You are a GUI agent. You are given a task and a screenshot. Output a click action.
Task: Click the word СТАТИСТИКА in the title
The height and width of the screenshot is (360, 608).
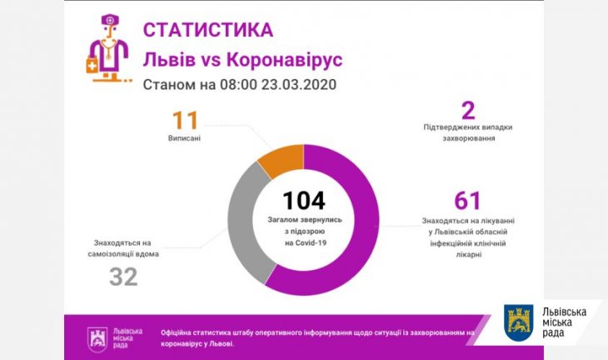point(207,30)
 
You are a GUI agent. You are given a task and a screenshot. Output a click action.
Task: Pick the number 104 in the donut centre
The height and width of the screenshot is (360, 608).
point(303,201)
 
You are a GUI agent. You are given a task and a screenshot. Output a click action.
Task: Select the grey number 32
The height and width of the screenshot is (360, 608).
point(123,277)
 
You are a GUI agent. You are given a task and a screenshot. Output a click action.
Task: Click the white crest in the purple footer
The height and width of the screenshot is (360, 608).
point(97,337)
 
